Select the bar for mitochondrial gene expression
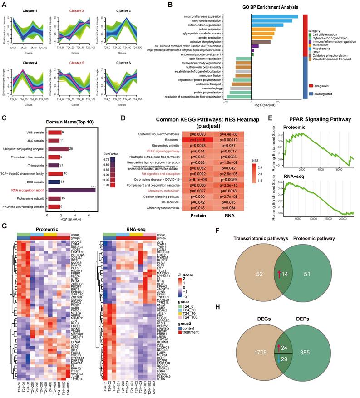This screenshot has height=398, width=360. [x=274, y=16]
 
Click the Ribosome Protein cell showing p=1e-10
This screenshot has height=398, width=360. [x=198, y=141]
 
